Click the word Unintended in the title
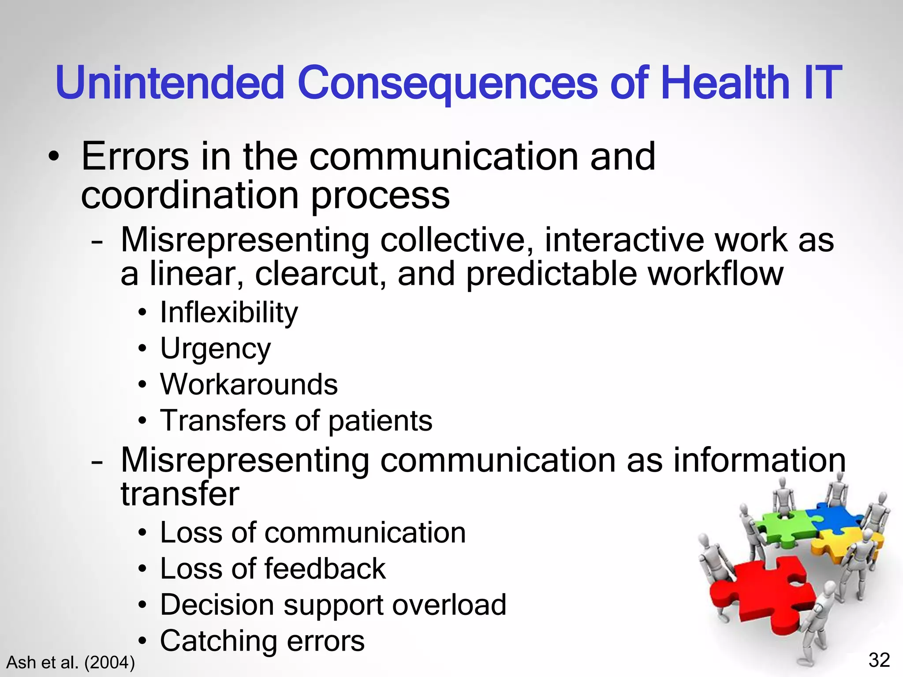pos(170,83)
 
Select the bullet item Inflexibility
pos(228,312)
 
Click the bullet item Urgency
pos(215,349)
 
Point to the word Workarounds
pos(249,384)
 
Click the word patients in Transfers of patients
pos(380,421)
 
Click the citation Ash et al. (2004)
pos(71,662)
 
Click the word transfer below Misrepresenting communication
pos(180,494)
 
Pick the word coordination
pos(190,196)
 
